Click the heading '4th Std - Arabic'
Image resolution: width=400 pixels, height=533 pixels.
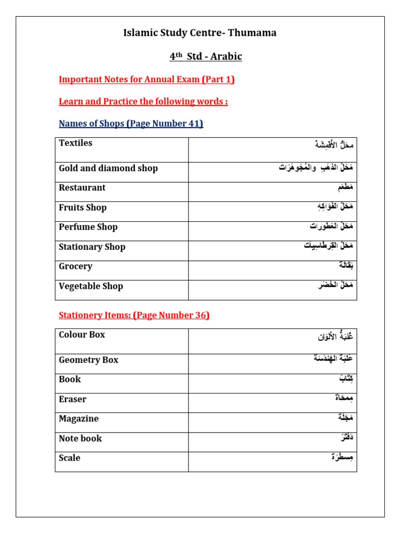[206, 56]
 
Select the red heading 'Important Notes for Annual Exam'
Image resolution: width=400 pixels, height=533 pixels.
[147, 80]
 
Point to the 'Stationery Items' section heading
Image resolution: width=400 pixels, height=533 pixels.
[134, 315]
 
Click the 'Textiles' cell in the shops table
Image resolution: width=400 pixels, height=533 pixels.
[76, 143]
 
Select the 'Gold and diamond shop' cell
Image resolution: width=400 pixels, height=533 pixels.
[108, 169]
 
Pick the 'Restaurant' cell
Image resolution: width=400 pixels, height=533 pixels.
[82, 188]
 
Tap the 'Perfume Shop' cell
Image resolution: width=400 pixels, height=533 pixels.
[88, 227]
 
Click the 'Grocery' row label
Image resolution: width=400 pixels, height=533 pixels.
[76, 266]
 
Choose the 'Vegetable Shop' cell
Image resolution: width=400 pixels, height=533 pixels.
[91, 286]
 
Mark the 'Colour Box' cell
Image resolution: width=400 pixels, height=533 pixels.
[82, 335]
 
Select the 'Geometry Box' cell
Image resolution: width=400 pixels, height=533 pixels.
[89, 360]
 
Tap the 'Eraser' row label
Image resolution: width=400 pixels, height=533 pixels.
[73, 400]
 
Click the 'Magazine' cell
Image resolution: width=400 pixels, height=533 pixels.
[79, 419]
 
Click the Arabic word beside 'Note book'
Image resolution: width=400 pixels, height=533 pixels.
[345, 438]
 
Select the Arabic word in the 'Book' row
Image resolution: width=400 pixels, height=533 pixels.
[345, 379]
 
